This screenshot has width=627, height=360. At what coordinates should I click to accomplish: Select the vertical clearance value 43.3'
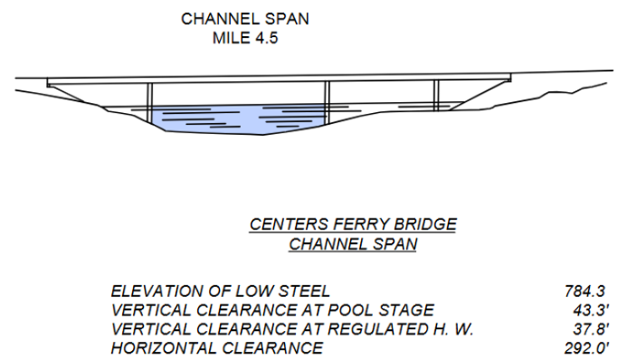[x=596, y=309]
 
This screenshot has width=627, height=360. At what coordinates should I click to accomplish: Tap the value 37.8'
[x=596, y=328]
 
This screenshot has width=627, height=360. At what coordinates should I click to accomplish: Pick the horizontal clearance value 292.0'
[x=592, y=347]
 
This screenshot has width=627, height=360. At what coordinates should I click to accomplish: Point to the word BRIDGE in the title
[x=423, y=224]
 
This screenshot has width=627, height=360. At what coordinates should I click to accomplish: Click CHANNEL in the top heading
[x=218, y=18]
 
